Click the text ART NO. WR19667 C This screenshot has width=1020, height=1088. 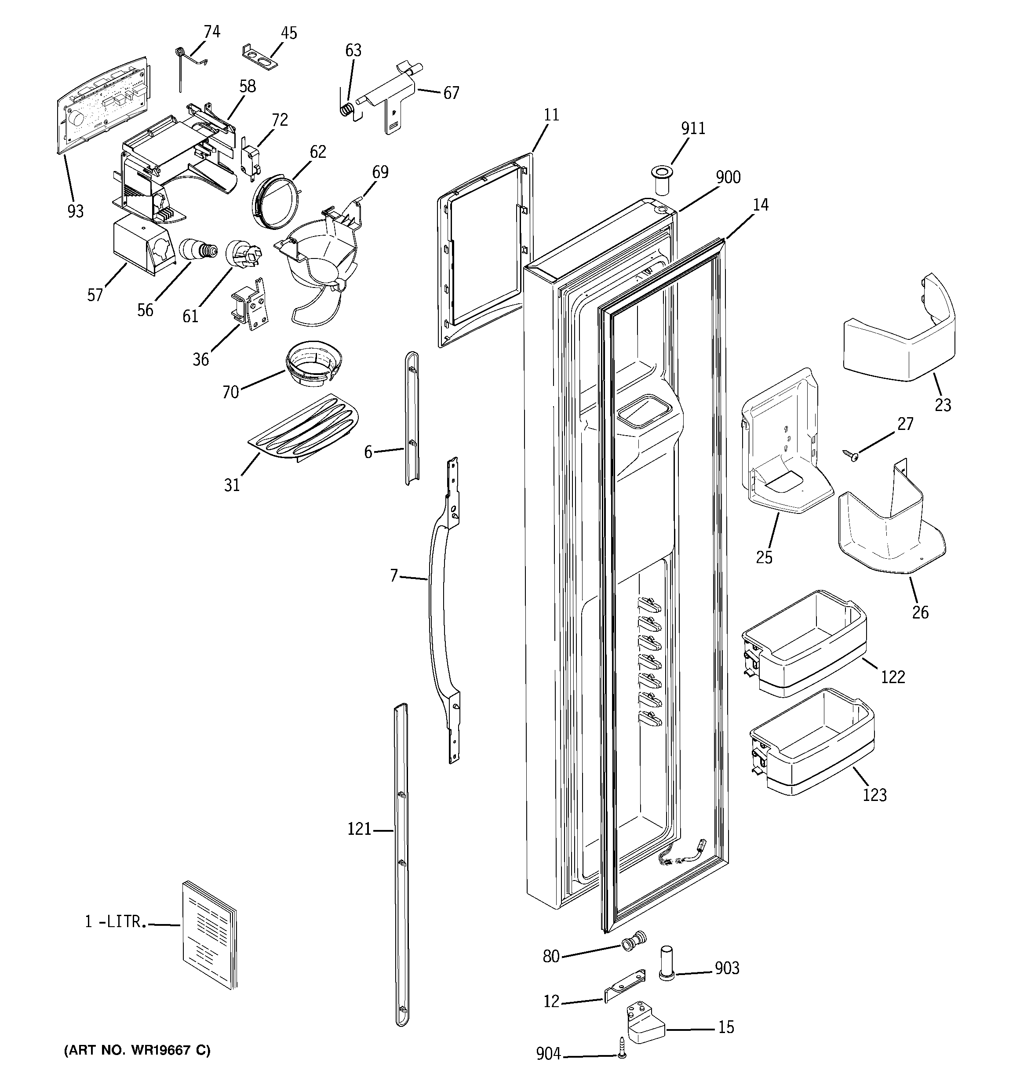coord(137,1050)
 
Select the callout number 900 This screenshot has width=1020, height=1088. coord(728,177)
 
